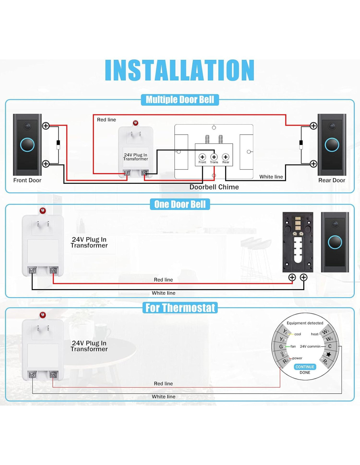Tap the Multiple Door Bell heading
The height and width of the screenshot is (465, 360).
click(x=180, y=100)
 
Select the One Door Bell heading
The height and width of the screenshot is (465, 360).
click(x=180, y=204)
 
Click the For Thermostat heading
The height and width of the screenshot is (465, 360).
click(x=180, y=308)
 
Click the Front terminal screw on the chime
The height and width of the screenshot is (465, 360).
click(x=202, y=157)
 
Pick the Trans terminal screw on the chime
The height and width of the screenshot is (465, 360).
click(x=214, y=157)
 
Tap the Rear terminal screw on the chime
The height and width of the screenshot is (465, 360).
click(x=225, y=157)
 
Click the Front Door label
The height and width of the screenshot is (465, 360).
click(x=27, y=180)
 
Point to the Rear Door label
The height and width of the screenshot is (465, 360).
click(x=332, y=180)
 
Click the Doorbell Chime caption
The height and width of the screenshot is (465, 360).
click(x=214, y=187)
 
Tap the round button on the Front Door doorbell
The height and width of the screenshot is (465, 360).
click(x=27, y=145)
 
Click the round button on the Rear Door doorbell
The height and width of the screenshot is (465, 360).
click(x=332, y=145)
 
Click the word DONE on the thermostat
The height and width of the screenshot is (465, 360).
click(x=305, y=372)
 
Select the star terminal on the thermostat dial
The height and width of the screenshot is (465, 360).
click(x=329, y=354)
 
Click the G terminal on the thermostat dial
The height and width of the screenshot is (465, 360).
click(x=281, y=347)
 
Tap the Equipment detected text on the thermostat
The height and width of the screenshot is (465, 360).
click(x=305, y=323)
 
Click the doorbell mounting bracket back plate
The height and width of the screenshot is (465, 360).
click(x=298, y=242)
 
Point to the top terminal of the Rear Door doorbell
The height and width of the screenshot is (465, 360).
click(x=314, y=126)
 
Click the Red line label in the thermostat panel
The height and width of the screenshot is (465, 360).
click(x=163, y=384)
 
